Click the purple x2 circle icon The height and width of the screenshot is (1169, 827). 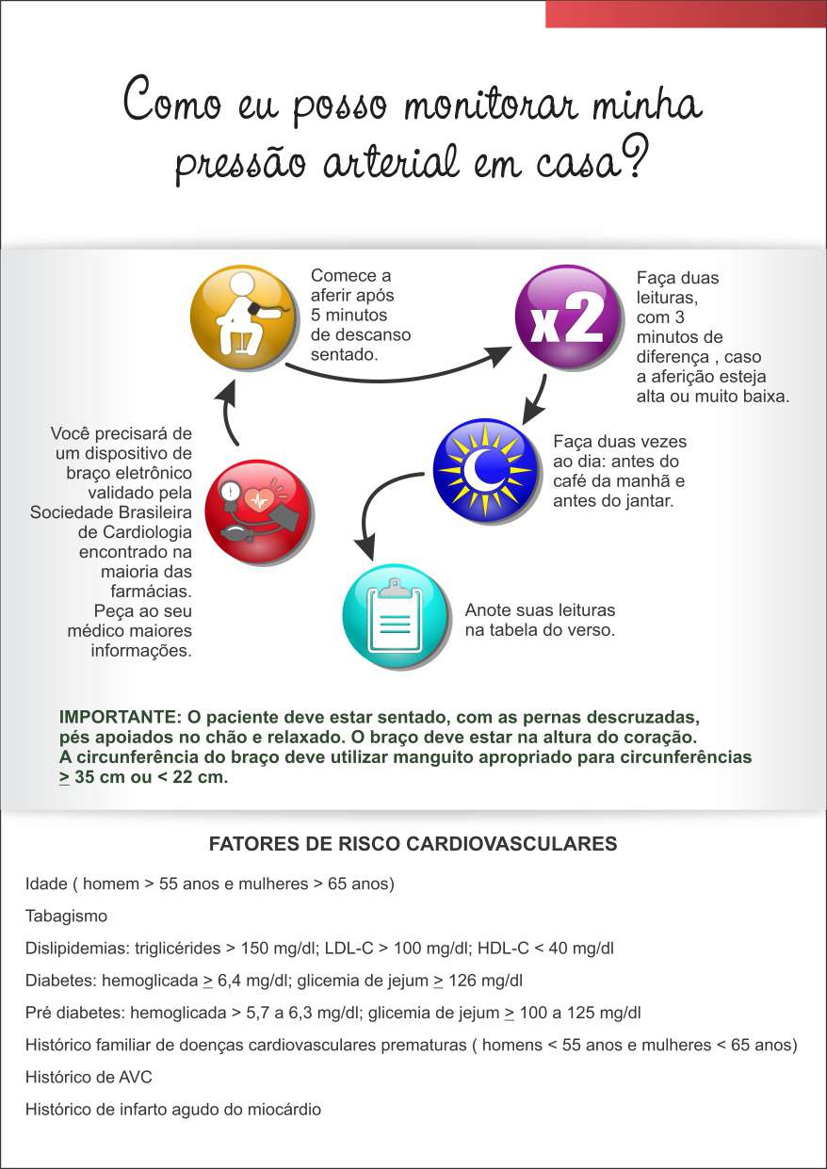click(568, 317)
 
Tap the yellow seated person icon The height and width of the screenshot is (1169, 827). click(244, 318)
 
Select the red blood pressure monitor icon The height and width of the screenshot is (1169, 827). click(257, 512)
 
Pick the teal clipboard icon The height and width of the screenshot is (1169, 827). click(395, 615)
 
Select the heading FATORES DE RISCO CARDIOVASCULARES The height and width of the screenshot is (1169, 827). click(413, 844)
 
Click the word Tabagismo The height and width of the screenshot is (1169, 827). click(67, 917)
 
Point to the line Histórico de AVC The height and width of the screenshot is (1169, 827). click(89, 1078)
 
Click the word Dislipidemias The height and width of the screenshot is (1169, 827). click(71, 949)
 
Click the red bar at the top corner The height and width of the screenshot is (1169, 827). click(685, 13)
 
